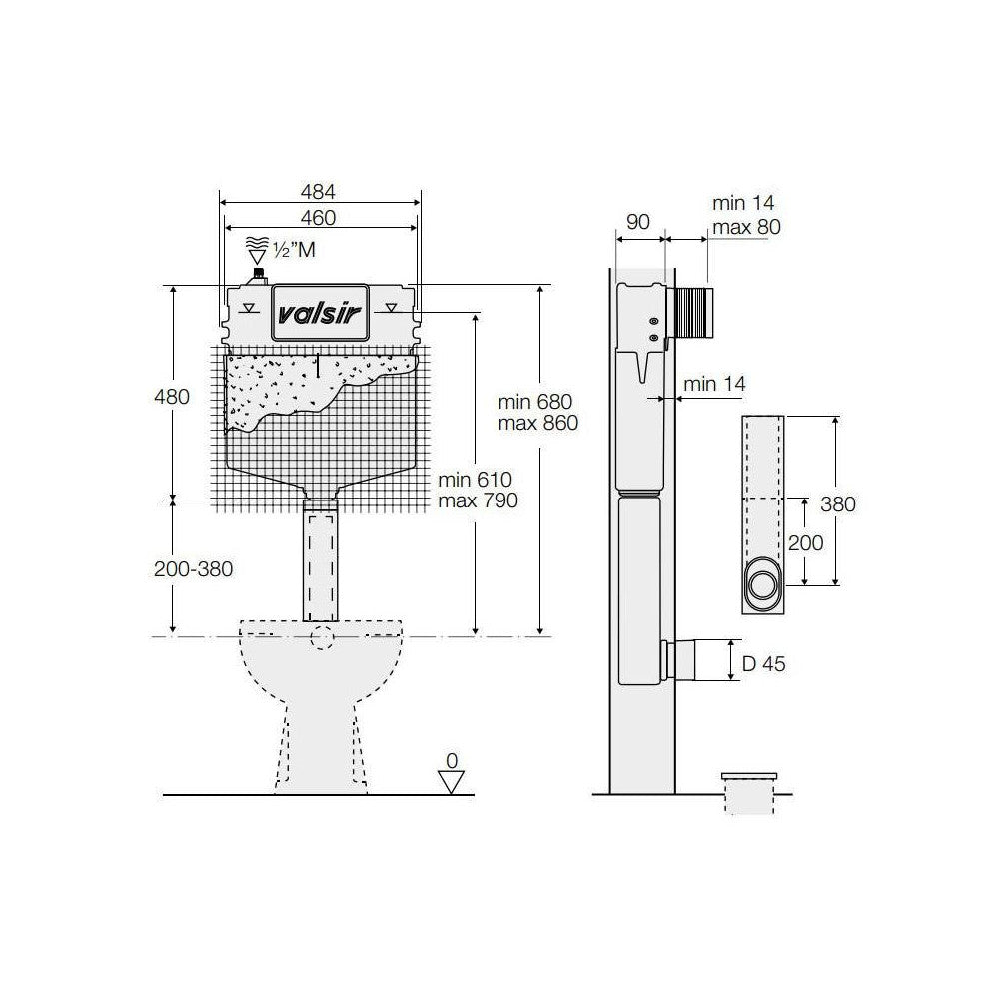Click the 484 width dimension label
pyautogui.click(x=318, y=191)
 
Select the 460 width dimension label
pyautogui.click(x=318, y=217)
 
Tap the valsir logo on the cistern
pyautogui.click(x=321, y=313)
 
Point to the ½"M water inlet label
pyautogui.click(x=294, y=249)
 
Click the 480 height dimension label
pyautogui.click(x=172, y=397)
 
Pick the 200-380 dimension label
pyautogui.click(x=193, y=569)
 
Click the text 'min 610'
pyautogui.click(x=475, y=480)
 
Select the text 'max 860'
pyautogui.click(x=538, y=423)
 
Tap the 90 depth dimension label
pyautogui.click(x=637, y=221)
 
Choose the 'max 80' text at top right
pyautogui.click(x=746, y=227)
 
